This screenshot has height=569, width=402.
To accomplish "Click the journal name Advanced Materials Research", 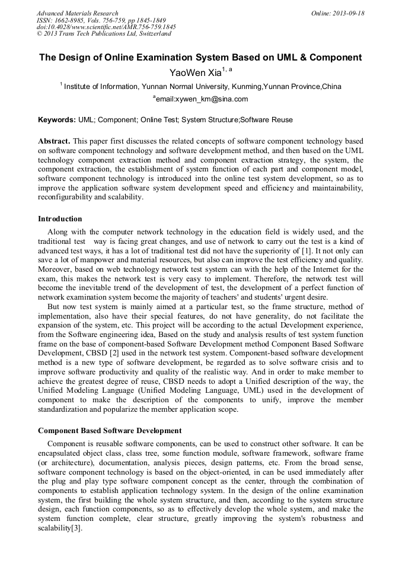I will (78, 13).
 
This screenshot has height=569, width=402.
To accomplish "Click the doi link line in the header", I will (106, 27).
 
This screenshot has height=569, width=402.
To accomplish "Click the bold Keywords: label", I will (57, 120).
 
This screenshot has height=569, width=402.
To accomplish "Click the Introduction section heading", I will (60, 219).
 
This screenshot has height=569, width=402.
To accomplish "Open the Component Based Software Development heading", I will (110, 430).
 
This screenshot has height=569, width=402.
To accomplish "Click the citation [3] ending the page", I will (75, 527).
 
